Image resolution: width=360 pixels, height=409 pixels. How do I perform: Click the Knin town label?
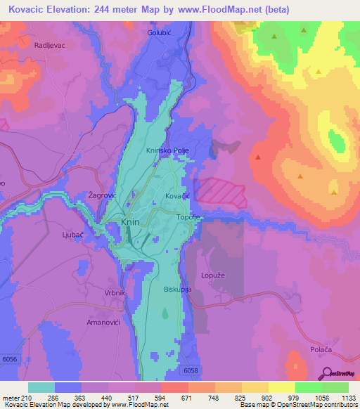(x=130, y=221)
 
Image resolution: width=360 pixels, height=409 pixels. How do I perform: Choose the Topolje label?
(x=188, y=218)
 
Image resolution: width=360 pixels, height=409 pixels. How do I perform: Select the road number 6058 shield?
(x=190, y=370)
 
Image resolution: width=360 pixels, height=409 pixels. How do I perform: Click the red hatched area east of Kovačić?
(x=218, y=192)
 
